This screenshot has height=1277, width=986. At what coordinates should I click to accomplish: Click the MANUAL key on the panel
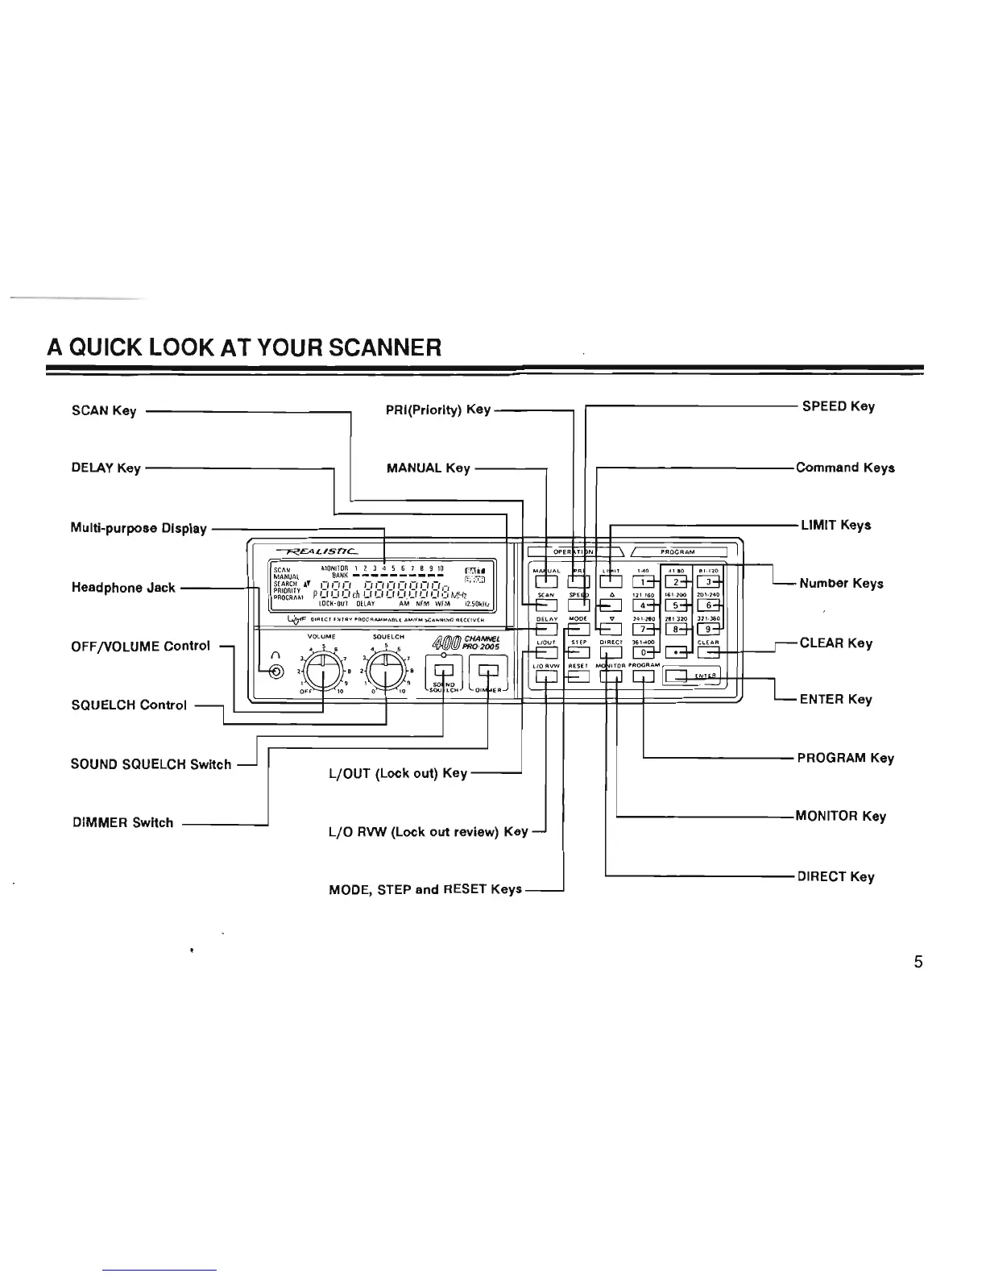click(x=546, y=580)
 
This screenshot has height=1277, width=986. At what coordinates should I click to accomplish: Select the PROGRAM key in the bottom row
click(x=644, y=676)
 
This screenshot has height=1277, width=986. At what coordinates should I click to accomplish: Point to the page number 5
click(x=918, y=962)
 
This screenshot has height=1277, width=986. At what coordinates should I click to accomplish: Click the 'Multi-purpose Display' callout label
click(x=139, y=530)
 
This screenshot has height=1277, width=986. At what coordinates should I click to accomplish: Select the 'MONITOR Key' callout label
click(x=840, y=816)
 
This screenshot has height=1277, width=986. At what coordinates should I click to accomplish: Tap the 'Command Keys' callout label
click(x=845, y=468)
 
